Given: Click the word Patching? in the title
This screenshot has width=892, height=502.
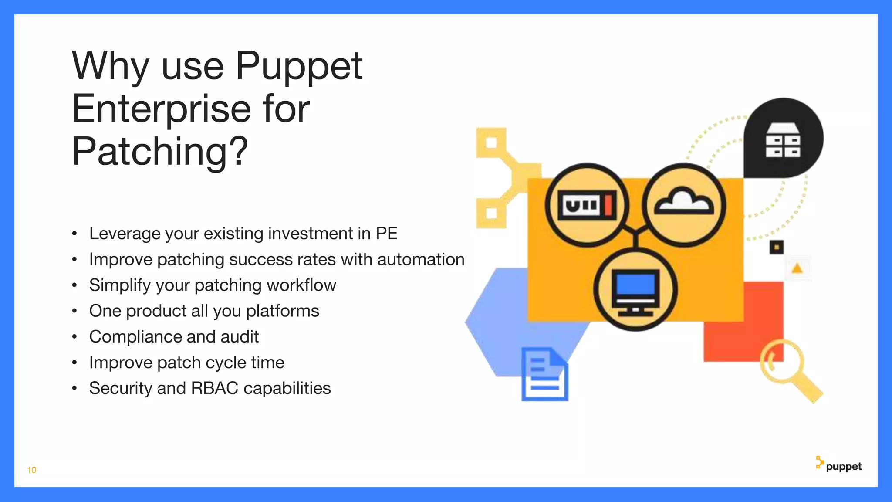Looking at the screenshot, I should click(x=159, y=152).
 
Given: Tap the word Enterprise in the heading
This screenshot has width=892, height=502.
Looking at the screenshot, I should click(x=161, y=109).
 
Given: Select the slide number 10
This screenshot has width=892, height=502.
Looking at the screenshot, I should click(x=31, y=470).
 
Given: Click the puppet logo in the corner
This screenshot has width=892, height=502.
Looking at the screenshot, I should click(x=839, y=465).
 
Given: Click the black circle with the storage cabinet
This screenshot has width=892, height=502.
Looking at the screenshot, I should click(x=783, y=139).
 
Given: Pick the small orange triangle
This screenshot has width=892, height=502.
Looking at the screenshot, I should click(x=797, y=268).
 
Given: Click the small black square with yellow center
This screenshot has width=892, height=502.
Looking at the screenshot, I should click(x=776, y=247).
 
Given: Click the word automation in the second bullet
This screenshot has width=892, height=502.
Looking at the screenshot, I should click(x=421, y=260).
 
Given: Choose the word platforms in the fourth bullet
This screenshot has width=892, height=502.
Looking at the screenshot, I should click(x=282, y=311).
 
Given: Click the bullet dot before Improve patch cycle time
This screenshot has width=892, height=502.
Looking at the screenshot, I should click(x=74, y=363).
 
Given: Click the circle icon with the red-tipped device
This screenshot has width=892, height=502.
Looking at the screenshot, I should click(x=587, y=205).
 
